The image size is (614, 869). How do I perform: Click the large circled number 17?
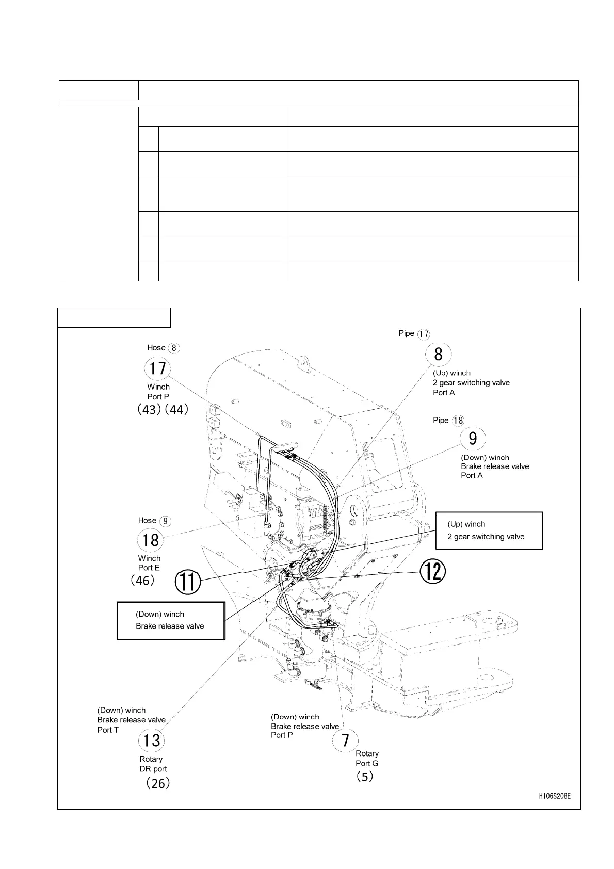pos(157,368)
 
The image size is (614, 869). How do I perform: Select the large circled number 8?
pos(438,354)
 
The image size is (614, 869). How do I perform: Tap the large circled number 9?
pos(473,439)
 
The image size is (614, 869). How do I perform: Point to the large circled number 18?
pos(150,540)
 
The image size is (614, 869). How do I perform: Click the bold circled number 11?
pos(188,582)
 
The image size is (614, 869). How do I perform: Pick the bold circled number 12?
pos(432,571)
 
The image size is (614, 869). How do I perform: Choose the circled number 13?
pos(151,741)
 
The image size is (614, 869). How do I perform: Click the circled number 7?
pos(346,741)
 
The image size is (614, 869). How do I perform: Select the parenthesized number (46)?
pos(142,581)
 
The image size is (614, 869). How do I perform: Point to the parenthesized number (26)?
pos(157,783)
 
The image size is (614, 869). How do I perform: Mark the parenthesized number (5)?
pos(365,777)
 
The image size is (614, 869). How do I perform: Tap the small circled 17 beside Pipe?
pos(424,334)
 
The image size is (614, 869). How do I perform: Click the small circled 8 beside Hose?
pos(174,348)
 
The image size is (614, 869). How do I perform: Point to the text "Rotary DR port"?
pos(153,764)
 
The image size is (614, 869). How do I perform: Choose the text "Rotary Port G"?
pos(367,759)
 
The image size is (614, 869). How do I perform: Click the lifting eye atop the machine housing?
pos(302,363)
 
